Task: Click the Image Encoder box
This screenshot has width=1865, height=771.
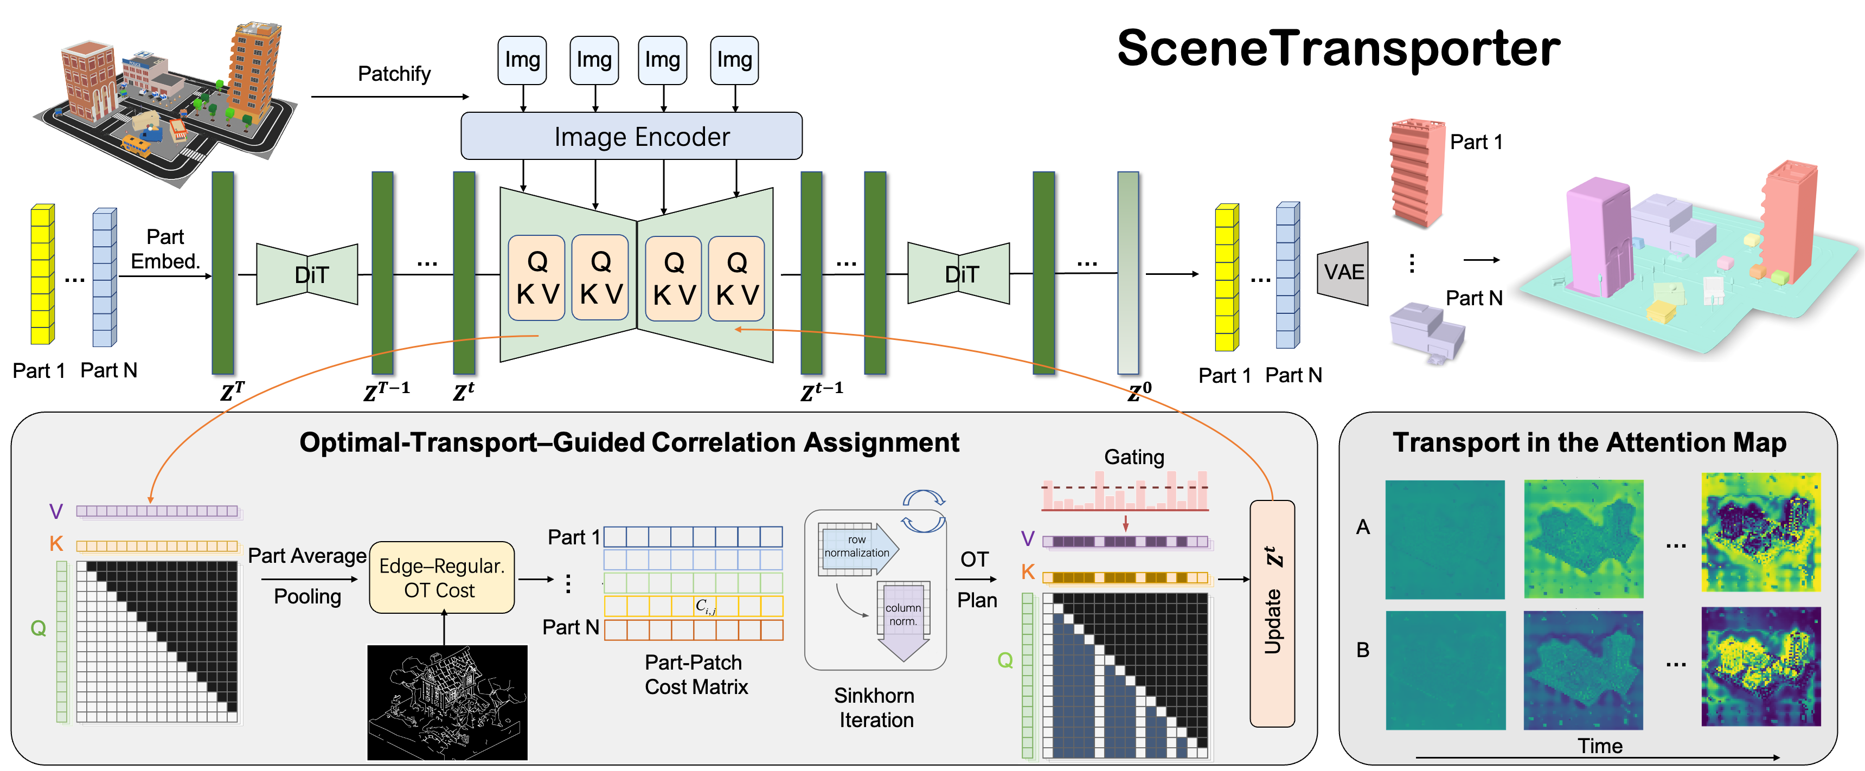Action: [x=631, y=136]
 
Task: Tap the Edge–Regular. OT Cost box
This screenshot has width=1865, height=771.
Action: [x=441, y=577]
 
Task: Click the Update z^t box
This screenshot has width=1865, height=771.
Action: [x=1272, y=613]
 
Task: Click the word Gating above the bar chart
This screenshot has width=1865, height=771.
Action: [x=1134, y=458]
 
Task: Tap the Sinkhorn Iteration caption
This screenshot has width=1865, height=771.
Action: [x=875, y=708]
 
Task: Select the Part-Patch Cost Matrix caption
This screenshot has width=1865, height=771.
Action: [x=696, y=674]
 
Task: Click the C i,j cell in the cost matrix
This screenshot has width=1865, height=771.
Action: [x=705, y=606]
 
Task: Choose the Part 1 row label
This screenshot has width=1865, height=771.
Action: [x=573, y=537]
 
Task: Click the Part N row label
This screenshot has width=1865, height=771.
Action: [x=571, y=627]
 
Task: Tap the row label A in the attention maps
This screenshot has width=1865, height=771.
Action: [x=1362, y=527]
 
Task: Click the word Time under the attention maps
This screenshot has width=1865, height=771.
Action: [x=1600, y=746]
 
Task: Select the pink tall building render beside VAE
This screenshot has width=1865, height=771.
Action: [x=1413, y=172]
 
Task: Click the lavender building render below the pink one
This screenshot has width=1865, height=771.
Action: [x=1425, y=331]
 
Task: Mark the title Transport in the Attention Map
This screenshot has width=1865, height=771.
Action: [x=1589, y=442]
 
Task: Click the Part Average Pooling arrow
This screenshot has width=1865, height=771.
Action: [x=309, y=579]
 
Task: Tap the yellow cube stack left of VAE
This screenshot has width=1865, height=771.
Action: [x=1226, y=277]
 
